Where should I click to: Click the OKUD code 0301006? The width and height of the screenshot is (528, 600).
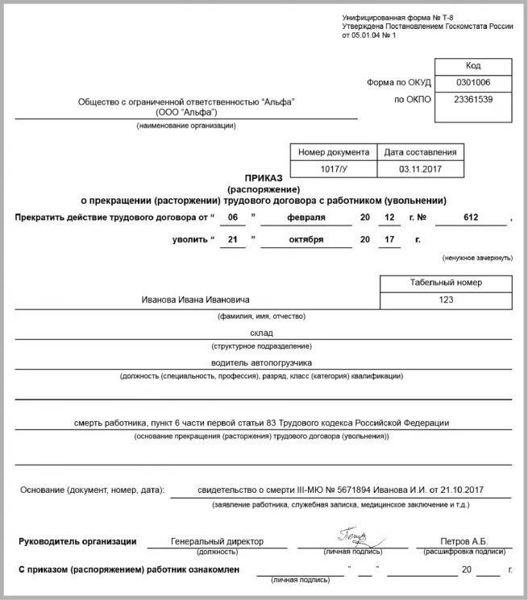(x=472, y=82)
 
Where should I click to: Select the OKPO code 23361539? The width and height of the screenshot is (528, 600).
(x=472, y=100)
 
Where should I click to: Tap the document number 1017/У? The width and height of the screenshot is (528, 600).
(x=333, y=169)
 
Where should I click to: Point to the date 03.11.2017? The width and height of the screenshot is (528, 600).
(x=420, y=169)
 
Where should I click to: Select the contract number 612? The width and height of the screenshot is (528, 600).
(x=472, y=217)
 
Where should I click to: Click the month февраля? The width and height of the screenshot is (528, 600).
(x=307, y=217)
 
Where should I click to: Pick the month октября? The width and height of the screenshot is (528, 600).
(x=307, y=239)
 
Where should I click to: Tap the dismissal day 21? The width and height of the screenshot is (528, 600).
(x=233, y=239)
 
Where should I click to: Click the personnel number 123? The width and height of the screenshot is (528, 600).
(x=447, y=300)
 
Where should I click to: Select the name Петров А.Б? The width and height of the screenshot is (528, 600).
(x=464, y=541)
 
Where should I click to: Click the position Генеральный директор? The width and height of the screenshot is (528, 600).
(x=218, y=541)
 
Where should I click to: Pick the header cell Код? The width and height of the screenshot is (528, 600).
(x=472, y=66)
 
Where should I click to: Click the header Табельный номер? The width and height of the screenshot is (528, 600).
(x=447, y=283)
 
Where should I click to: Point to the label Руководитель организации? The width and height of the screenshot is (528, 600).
(x=77, y=541)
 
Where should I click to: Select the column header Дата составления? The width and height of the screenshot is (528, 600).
(x=420, y=151)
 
